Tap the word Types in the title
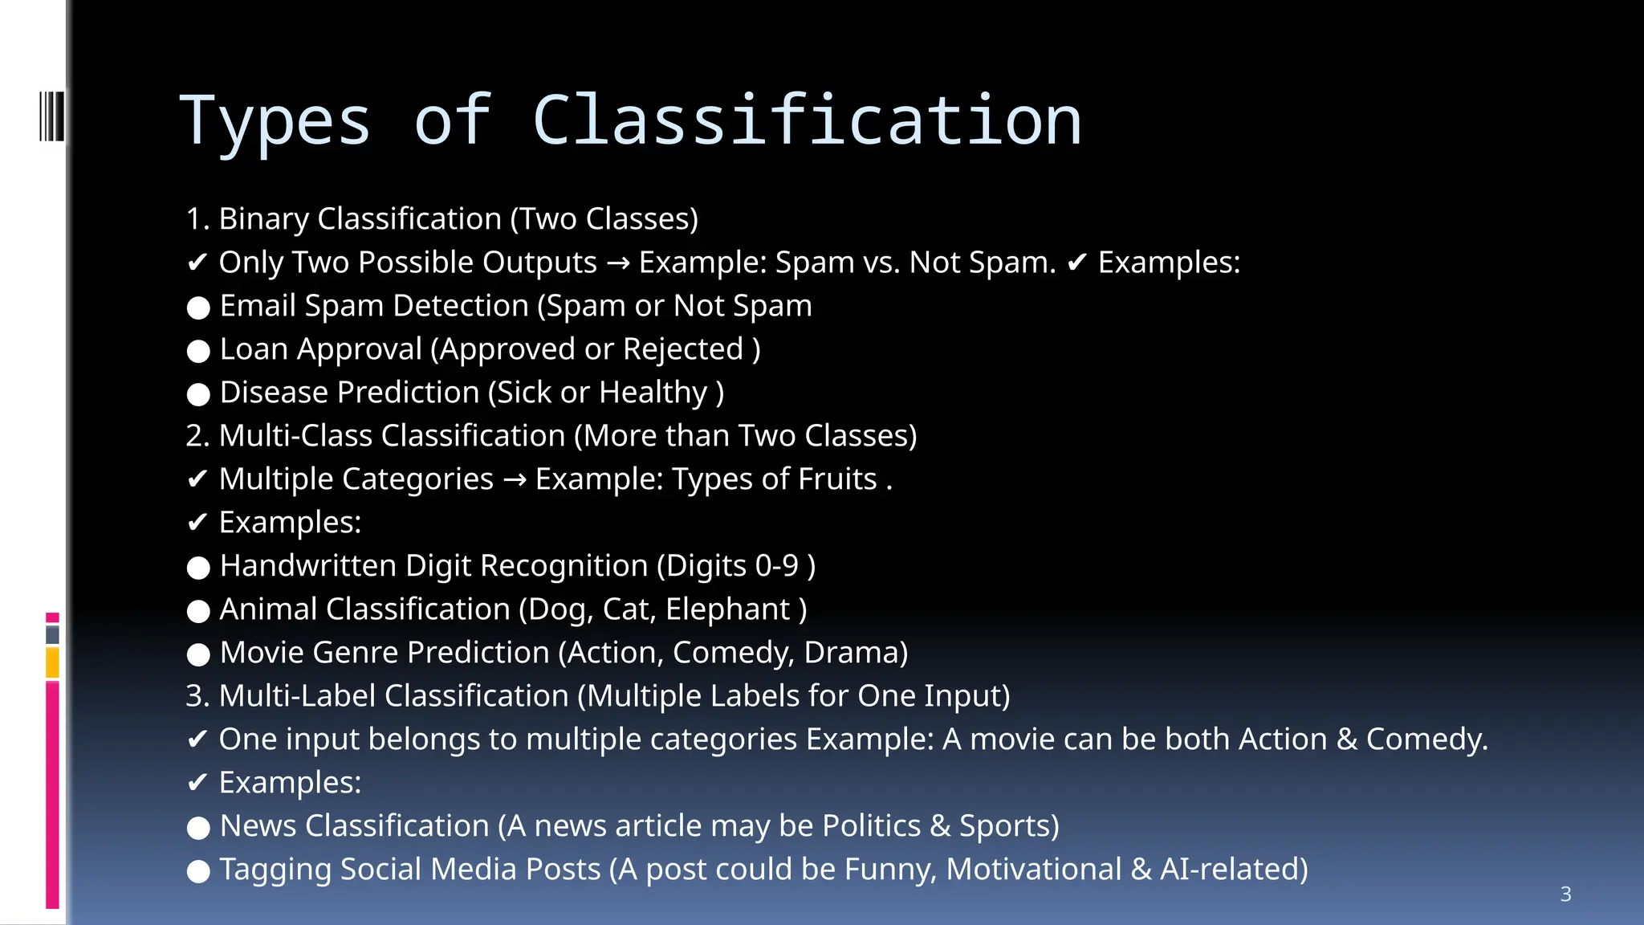click(275, 122)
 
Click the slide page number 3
click(1565, 894)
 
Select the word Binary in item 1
click(263, 219)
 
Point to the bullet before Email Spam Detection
click(198, 308)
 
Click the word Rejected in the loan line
click(683, 349)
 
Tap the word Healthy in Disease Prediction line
click(653, 393)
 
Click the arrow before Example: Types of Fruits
click(515, 480)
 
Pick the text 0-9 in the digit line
click(777, 566)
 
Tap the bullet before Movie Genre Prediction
click(198, 654)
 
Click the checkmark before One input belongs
click(197, 740)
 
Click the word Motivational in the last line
click(1033, 870)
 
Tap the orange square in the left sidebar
click(52, 663)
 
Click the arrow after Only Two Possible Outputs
click(618, 263)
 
